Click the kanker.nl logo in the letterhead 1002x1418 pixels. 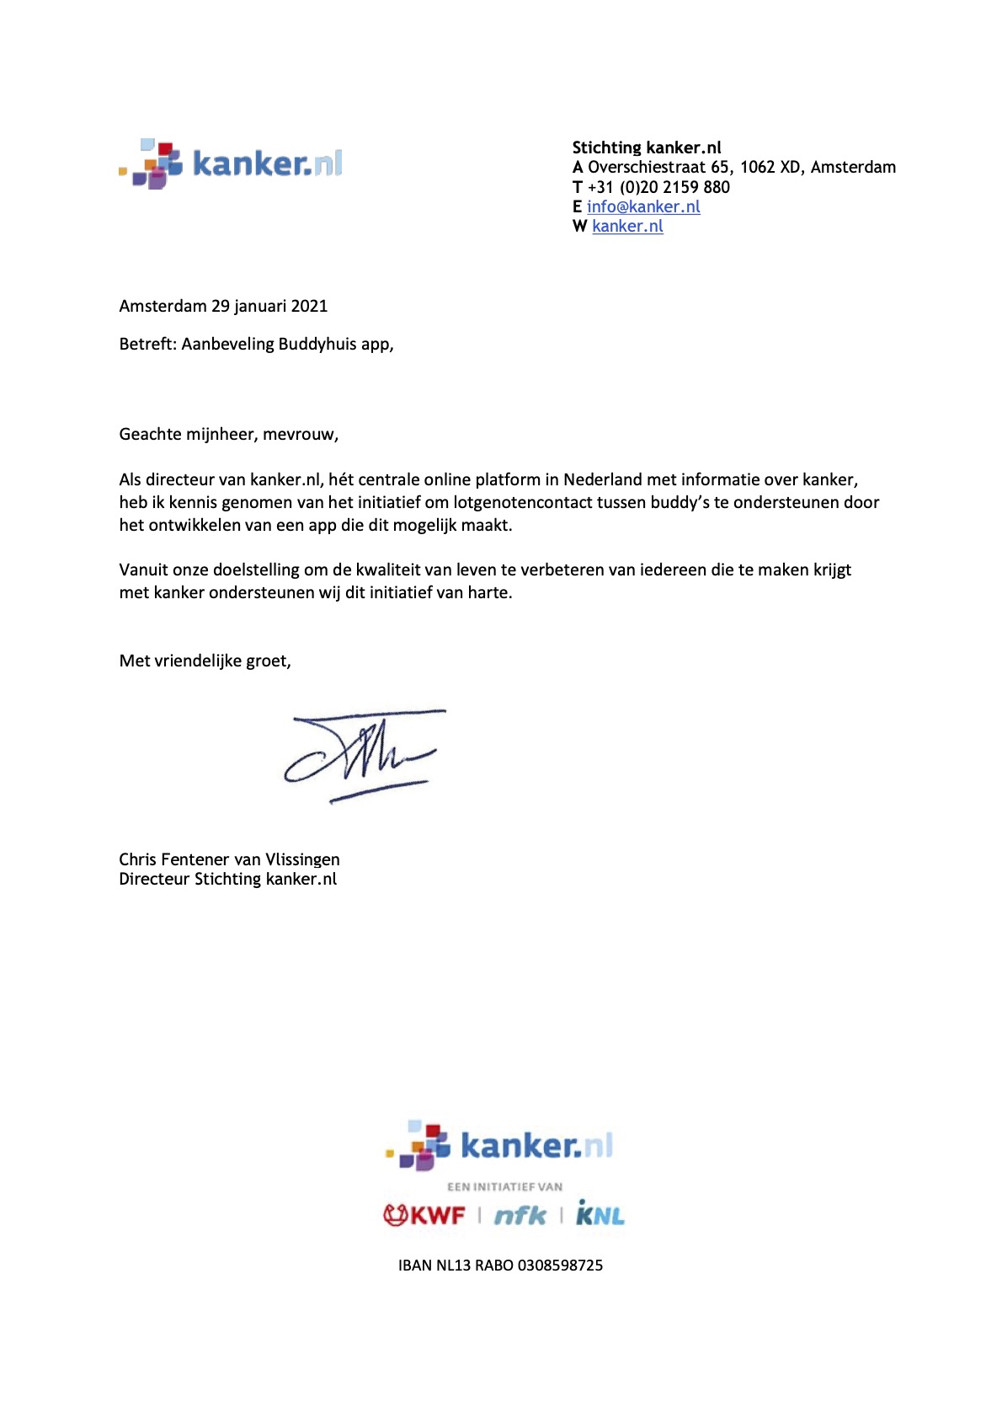[x=231, y=163]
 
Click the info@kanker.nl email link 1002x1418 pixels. [x=643, y=206]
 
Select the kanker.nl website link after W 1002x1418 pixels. [x=627, y=226]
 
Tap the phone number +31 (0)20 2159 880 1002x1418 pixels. [x=658, y=187]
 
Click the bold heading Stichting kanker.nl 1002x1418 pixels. [x=647, y=147]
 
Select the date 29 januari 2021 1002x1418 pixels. [x=269, y=306]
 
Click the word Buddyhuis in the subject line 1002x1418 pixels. [x=317, y=344]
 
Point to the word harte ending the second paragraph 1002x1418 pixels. [x=488, y=592]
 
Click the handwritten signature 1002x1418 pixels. [x=364, y=754]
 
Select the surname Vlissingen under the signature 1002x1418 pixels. [x=302, y=859]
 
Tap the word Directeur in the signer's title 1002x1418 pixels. [x=154, y=879]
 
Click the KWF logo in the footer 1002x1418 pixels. [x=424, y=1215]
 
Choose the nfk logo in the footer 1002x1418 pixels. [x=520, y=1215]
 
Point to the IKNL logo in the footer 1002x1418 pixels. [x=600, y=1214]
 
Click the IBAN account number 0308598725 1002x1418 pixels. [x=560, y=1265]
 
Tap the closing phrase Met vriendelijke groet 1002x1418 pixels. [x=205, y=661]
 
